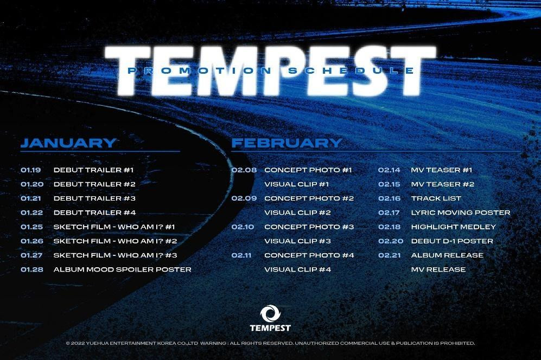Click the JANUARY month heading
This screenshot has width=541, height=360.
coord(68,143)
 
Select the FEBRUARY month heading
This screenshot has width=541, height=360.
coord(287,143)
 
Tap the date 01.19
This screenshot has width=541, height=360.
coord(31,170)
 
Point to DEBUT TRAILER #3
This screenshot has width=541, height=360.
coord(94,198)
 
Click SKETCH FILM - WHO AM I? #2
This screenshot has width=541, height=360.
coord(116,241)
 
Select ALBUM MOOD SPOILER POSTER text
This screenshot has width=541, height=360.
coord(122,269)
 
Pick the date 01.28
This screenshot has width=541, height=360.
coord(31,269)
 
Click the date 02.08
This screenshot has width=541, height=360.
coord(244,170)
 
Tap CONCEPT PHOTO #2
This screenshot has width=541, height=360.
coord(309,198)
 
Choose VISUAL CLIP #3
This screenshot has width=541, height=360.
coord(297,241)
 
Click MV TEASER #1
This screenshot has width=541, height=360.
coord(442,170)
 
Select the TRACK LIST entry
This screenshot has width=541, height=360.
coord(436,198)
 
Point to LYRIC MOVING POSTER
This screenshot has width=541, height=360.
coord(461,213)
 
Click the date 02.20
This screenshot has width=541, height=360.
coord(390,241)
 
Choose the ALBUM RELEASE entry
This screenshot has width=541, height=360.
coord(447,255)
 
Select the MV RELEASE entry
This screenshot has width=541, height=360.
coord(438,269)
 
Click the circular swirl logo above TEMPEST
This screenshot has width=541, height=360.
coord(270,313)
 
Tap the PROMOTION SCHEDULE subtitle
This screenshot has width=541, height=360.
coord(270,71)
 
